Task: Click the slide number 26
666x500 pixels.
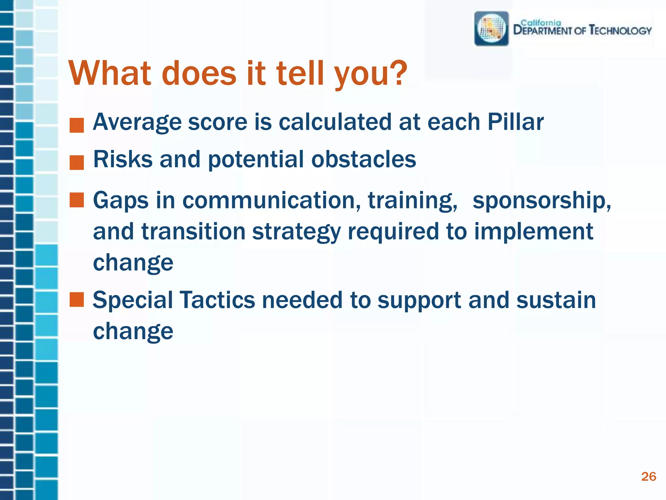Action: pos(648,477)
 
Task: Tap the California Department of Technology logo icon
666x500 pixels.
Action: pos(491,29)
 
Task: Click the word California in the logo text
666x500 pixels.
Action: pos(541,23)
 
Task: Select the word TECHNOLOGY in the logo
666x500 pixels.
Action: pos(620,31)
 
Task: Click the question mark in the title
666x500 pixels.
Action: pos(397,73)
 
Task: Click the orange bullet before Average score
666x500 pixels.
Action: pos(77,126)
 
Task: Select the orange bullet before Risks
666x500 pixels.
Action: pos(77,163)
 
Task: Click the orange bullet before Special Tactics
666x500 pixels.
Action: pos(77,299)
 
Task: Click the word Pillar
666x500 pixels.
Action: pos(515,122)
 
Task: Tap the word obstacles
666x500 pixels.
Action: pos(364,159)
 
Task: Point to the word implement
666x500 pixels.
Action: pos(534,232)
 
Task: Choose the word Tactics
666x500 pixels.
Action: pos(217,300)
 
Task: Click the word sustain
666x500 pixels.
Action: pos(556,300)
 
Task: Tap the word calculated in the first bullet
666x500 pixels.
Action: pos(335,122)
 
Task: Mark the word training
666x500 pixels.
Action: pos(413,201)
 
